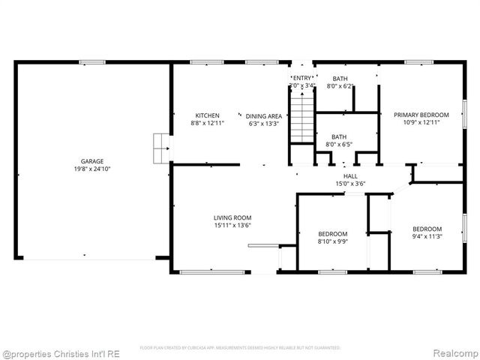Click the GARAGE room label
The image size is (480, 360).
pyautogui.click(x=92, y=160)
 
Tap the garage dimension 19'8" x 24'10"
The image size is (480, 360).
pyautogui.click(x=92, y=169)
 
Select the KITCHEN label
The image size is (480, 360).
pyautogui.click(x=207, y=115)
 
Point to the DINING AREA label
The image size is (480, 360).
pyautogui.click(x=264, y=115)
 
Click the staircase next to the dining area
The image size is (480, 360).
pyautogui.click(x=301, y=120)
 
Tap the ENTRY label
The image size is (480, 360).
pyautogui.click(x=302, y=78)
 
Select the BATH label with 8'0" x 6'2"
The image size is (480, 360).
pyautogui.click(x=340, y=79)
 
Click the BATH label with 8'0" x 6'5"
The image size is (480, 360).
pyautogui.click(x=340, y=136)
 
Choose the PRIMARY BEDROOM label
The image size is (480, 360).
pyautogui.click(x=421, y=115)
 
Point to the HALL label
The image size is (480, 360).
pyautogui.click(x=350, y=175)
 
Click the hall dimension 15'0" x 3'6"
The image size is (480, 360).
pyautogui.click(x=350, y=183)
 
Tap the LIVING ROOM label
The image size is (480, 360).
pyautogui.click(x=232, y=217)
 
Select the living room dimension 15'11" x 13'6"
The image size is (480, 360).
pyautogui.click(x=232, y=225)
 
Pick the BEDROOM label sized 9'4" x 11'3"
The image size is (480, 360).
pyautogui.click(x=427, y=229)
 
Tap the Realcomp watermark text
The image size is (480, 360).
pyautogui.click(x=452, y=352)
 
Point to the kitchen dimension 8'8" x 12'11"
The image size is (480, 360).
pyautogui.click(x=207, y=124)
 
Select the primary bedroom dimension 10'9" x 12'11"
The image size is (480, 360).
pyautogui.click(x=421, y=123)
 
